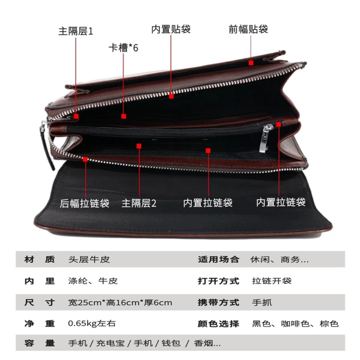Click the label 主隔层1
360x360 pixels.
(76, 31)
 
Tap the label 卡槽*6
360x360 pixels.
(124, 48)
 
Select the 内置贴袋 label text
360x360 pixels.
(171, 29)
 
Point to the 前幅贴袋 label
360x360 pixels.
(248, 29)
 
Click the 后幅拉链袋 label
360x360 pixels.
(85, 203)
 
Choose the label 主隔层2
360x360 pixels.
(139, 203)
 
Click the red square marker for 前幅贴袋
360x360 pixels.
(251, 62)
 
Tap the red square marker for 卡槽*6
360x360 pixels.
(124, 116)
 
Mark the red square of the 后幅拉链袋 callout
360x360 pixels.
(85, 159)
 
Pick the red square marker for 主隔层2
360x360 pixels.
(139, 146)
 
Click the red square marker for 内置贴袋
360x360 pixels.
(171, 96)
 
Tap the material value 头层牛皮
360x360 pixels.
(89, 259)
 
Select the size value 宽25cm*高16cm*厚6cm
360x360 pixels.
(120, 302)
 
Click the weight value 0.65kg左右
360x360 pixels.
(92, 323)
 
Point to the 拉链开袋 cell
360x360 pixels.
(272, 281)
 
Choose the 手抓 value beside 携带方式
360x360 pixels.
(262, 302)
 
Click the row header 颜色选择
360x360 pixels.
(218, 323)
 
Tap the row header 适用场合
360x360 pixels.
(218, 259)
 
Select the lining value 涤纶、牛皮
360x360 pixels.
(93, 281)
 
